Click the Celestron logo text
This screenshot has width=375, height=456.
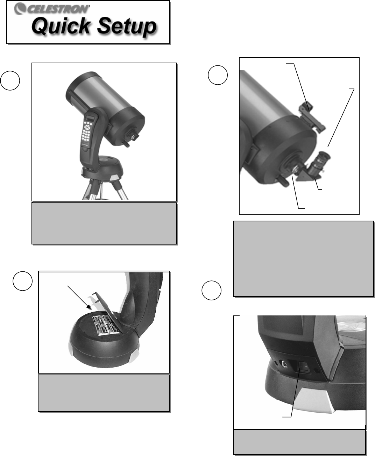click(52, 9)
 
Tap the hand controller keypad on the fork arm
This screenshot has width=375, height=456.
click(88, 131)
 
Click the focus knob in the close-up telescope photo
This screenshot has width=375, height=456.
click(282, 180)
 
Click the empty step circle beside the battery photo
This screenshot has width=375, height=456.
click(22, 281)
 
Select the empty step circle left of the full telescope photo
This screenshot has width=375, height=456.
click(10, 80)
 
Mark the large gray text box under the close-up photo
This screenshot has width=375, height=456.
click(303, 258)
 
